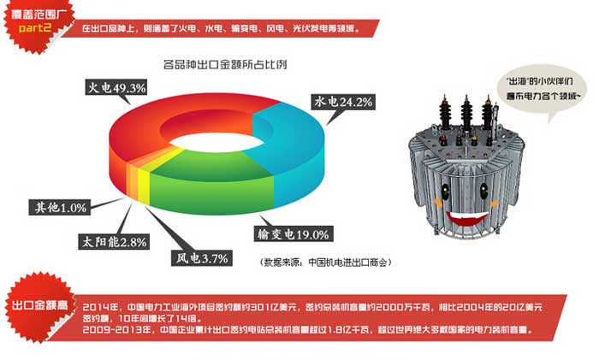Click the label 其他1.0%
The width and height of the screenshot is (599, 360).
coord(59,208)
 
